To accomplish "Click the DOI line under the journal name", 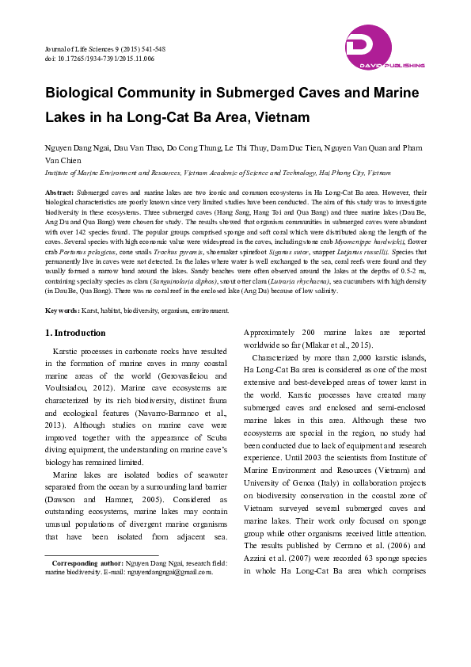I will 99,59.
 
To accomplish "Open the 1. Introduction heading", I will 75,333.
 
